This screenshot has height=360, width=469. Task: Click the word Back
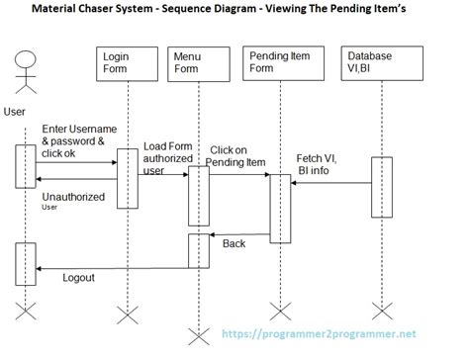[234, 242]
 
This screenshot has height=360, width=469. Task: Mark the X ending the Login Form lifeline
[127, 315]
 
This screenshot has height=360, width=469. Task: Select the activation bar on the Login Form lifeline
[127, 178]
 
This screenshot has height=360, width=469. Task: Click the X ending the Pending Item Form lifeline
[280, 315]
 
